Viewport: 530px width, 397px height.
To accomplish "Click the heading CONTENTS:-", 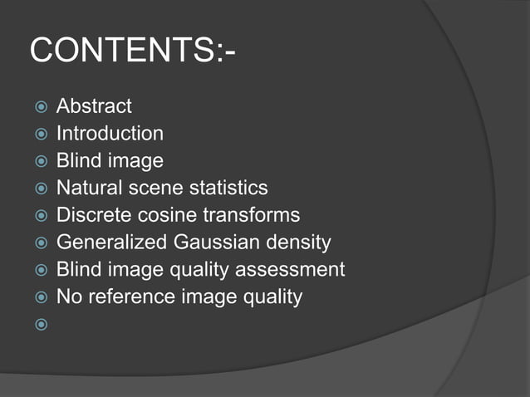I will coord(132,51).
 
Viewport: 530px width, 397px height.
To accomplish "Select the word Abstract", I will coord(94,106).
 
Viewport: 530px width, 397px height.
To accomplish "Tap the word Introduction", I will coord(110,134).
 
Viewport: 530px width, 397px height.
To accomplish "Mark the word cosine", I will coord(164,216).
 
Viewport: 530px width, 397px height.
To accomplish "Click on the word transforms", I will coord(251,216).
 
